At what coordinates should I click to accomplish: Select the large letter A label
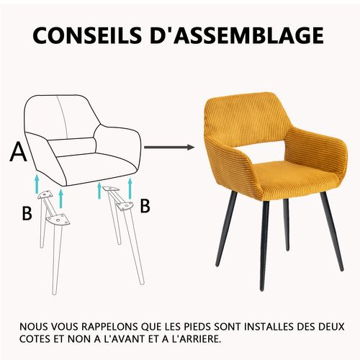tap(19, 153)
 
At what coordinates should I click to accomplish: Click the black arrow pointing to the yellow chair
tap(170, 148)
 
